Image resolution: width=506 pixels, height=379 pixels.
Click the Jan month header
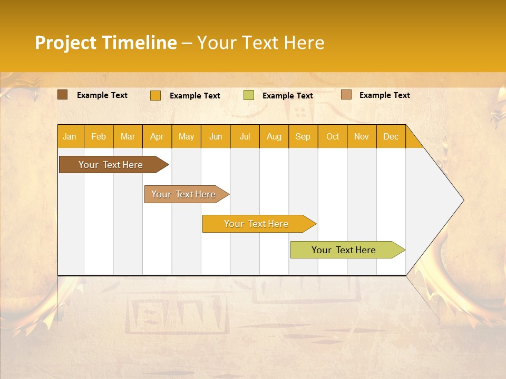pos(70,137)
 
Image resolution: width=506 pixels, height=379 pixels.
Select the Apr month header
pos(157,137)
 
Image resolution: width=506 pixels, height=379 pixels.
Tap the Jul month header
pos(245,137)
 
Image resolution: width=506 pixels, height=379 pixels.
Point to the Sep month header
pos(303,137)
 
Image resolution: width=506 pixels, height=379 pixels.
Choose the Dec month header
pos(391,137)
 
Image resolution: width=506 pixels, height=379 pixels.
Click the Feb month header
pos(99,137)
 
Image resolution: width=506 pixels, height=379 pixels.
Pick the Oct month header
pos(333,137)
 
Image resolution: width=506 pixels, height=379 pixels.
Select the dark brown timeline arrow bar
pos(111,165)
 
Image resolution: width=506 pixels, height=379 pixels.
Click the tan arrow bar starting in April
pos(183,194)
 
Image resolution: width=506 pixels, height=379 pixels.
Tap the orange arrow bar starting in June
pos(256,224)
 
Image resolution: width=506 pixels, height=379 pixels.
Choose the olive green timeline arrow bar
pos(344,250)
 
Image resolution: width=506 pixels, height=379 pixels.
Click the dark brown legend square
pos(63,95)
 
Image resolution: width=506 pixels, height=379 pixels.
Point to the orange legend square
pos(155,95)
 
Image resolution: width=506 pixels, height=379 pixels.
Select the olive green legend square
pos(249,95)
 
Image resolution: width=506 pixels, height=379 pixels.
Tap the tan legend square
pos(346,95)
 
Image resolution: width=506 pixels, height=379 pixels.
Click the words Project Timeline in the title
pos(105,43)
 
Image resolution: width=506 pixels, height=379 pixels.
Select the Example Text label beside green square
pos(287,96)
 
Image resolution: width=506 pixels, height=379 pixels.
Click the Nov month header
pos(362,137)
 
